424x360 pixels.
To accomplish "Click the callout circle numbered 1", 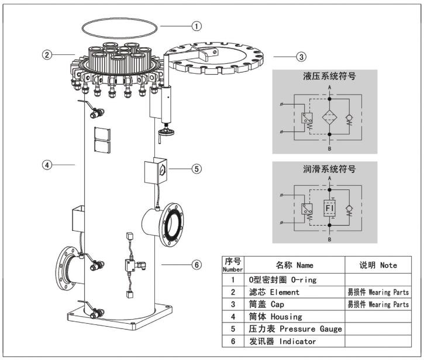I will pyautogui.click(x=197, y=26).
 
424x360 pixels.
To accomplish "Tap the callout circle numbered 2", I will pyautogui.click(x=47, y=55).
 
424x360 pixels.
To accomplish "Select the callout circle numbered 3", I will pyautogui.click(x=301, y=57).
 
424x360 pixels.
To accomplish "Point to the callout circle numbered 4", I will pyautogui.click(x=47, y=165).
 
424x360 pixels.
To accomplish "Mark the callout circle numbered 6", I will pyautogui.click(x=197, y=265).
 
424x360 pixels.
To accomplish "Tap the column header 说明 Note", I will pyautogui.click(x=377, y=265).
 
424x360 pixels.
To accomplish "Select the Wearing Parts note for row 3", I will pyautogui.click(x=378, y=304).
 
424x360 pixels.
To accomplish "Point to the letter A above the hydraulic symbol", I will pyautogui.click(x=331, y=87).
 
